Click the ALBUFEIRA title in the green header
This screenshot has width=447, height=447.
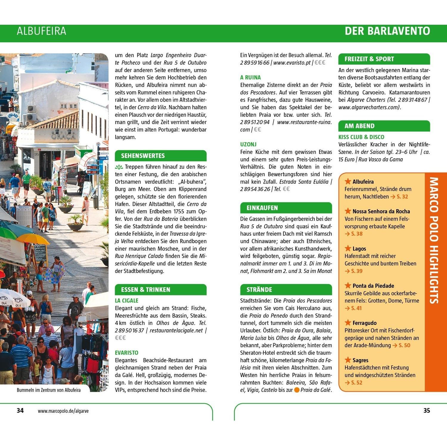[41, 31]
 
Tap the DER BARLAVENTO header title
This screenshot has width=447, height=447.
[387, 31]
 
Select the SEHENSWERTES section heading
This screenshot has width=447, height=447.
[143, 156]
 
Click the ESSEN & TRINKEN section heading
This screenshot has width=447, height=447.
[145, 290]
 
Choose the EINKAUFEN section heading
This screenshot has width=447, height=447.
[262, 208]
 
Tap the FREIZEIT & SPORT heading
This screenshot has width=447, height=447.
[369, 59]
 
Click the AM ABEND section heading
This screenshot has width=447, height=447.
[359, 126]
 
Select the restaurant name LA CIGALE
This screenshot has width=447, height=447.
[127, 301]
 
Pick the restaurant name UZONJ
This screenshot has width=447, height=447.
[248, 145]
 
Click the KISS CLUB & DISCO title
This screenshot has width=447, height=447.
[361, 137]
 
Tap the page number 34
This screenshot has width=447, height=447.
[20, 411]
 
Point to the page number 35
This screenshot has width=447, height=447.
[427, 411]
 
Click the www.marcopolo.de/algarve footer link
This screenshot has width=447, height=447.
[63, 411]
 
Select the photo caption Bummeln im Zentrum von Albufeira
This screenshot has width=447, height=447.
[49, 390]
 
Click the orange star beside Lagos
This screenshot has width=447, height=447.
[348, 248]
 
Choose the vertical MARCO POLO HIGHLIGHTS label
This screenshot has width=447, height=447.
[434, 240]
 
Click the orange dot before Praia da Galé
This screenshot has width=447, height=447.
[297, 390]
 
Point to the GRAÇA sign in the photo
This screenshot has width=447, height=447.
[63, 136]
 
